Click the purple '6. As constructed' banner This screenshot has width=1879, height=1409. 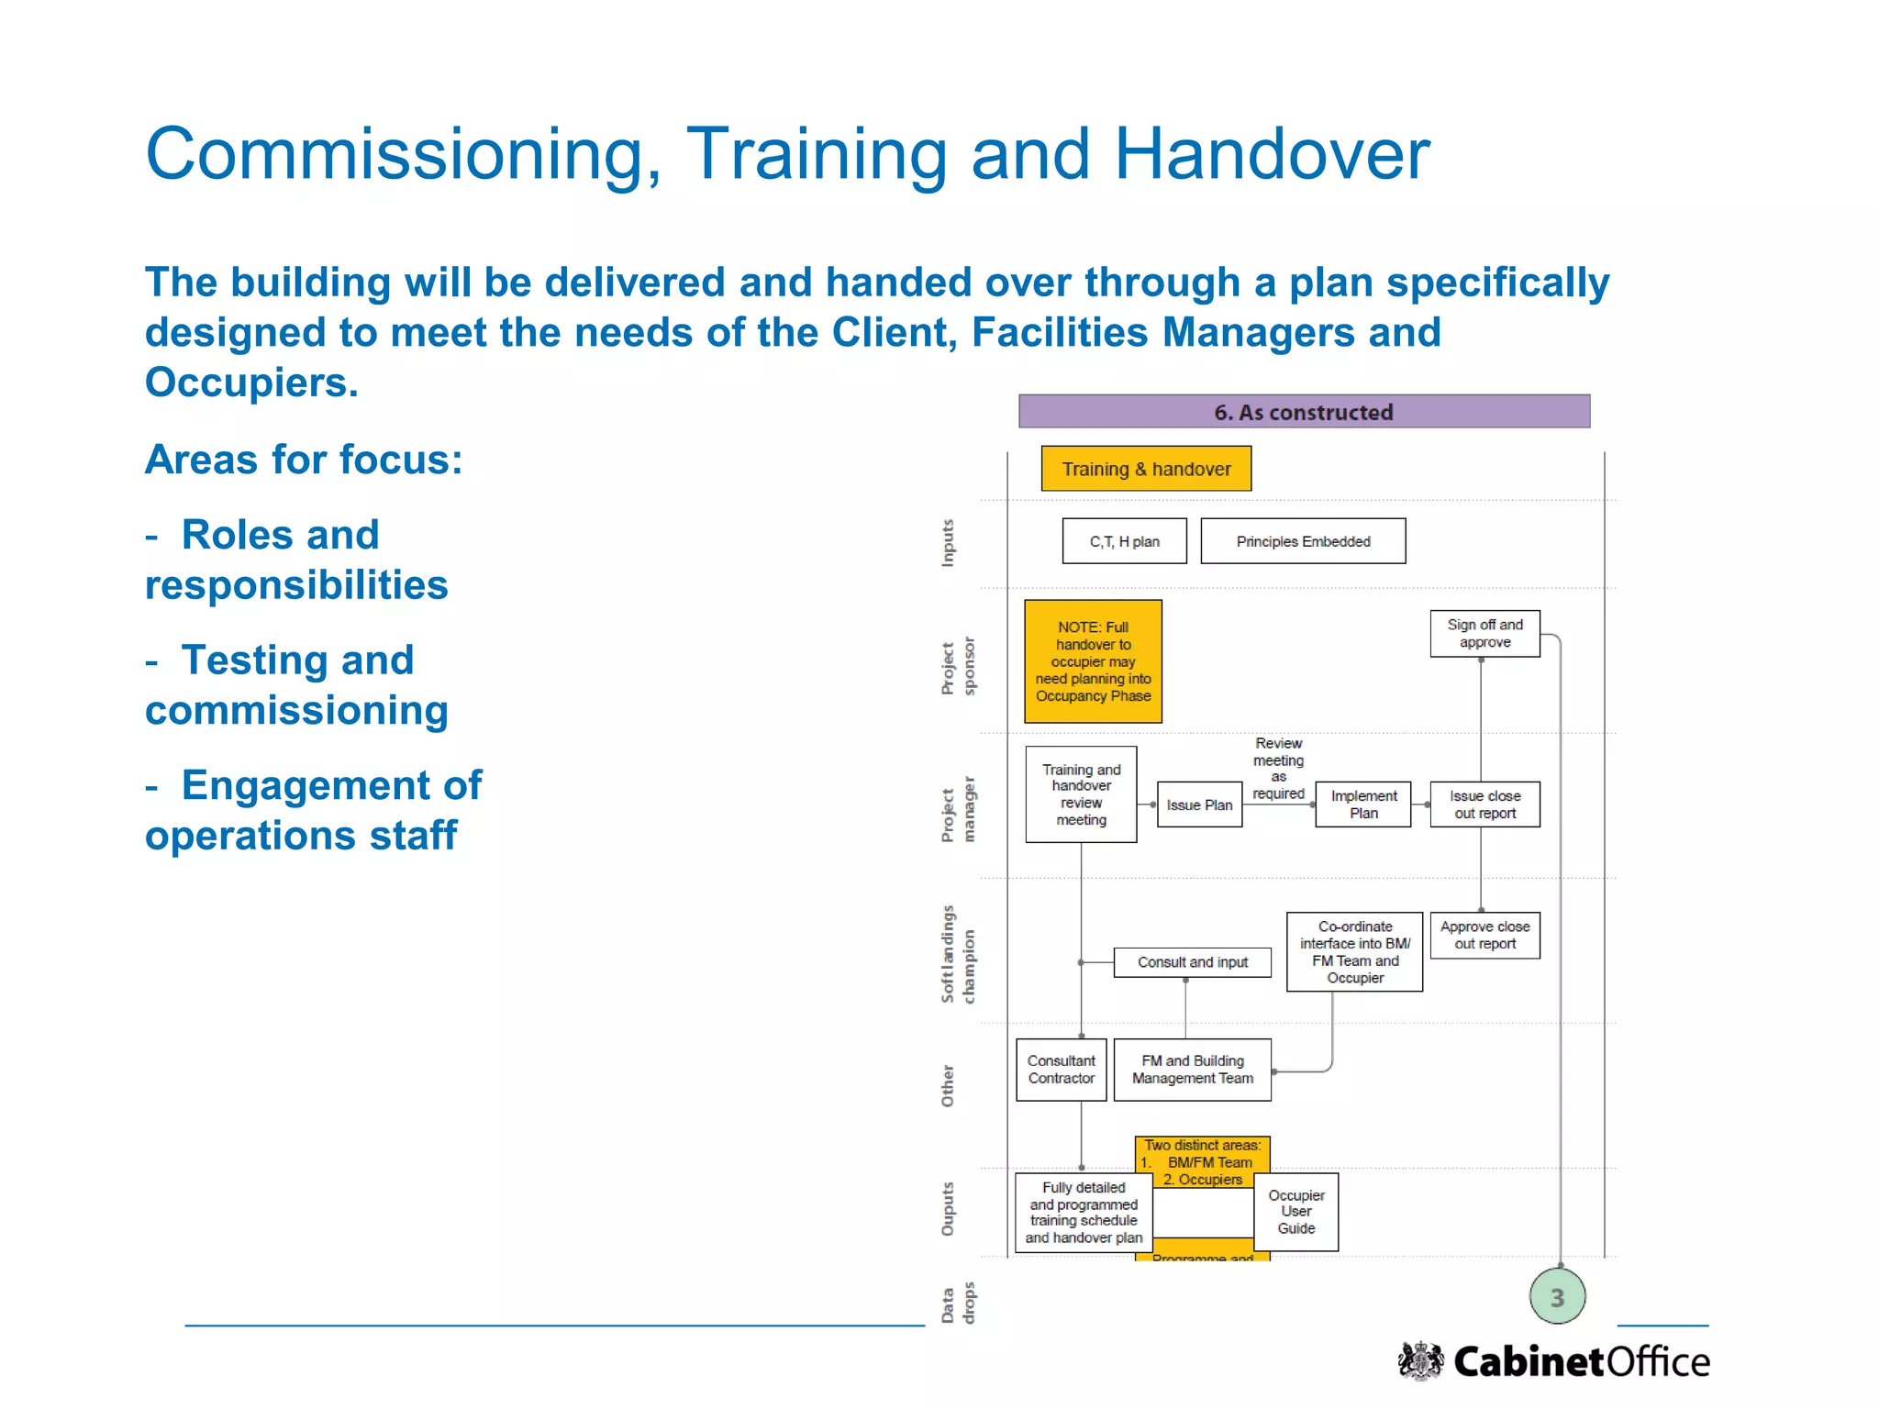pos(1304,412)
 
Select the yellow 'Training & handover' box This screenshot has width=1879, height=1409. pos(1146,469)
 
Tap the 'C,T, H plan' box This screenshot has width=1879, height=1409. pos(1124,541)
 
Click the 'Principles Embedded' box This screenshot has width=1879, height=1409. pos(1303,541)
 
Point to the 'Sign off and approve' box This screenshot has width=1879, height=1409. pos(1484,634)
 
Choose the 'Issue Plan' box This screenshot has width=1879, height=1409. pos(1199,804)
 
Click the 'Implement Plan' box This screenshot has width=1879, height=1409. pos(1363,804)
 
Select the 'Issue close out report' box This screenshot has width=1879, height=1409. pos(1484,804)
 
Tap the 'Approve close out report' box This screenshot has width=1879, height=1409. pos(1484,935)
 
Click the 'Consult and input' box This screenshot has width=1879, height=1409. pos(1192,962)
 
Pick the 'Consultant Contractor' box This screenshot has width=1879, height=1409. pos(1061,1070)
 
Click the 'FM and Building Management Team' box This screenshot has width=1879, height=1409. pos(1192,1070)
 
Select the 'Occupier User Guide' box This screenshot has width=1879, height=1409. pos(1295,1212)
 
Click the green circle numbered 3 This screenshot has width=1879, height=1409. pos(1557,1297)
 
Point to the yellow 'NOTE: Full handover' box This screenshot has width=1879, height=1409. pos(1093,661)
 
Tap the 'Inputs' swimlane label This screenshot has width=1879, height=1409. pos(948,543)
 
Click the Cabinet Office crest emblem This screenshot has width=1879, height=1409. pos(1420,1360)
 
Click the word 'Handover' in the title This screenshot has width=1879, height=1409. pos(1272,154)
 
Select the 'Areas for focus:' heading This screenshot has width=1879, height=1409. pos(304,460)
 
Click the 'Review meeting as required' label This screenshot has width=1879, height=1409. pos(1278,769)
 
